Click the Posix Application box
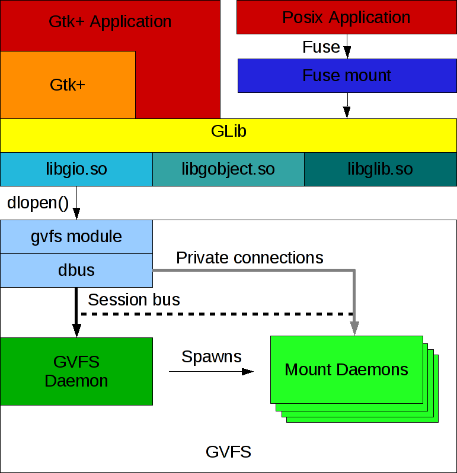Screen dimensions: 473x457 (346, 17)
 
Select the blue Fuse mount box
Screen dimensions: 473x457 (346, 75)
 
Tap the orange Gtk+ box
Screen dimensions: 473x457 (68, 85)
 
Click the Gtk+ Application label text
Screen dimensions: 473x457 (110, 22)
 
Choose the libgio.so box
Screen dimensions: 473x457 (76, 169)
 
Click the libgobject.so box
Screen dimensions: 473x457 (228, 169)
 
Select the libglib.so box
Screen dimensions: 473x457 (380, 169)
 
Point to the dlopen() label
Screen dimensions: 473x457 (38, 202)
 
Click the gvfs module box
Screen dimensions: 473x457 (76, 237)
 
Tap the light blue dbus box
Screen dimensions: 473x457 (76, 271)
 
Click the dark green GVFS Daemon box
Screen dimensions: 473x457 (76, 371)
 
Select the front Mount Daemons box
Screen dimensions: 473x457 (346, 370)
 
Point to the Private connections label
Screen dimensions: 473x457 (250, 258)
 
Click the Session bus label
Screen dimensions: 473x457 (133, 300)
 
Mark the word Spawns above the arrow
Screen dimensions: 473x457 (211, 356)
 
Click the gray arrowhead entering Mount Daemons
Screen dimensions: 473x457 (354, 329)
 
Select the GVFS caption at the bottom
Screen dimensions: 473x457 (228, 452)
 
